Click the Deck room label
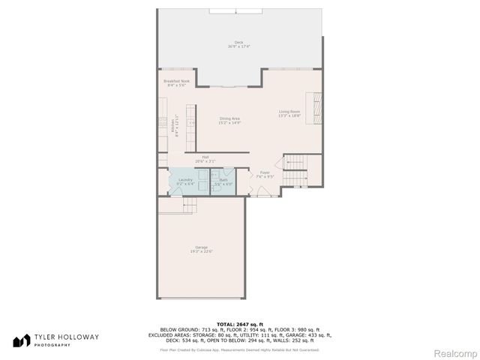(x=238, y=43)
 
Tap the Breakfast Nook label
(x=177, y=81)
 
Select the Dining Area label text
(x=229, y=118)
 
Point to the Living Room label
(x=289, y=112)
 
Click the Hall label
(x=205, y=157)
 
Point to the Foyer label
(x=265, y=172)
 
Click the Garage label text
(x=201, y=247)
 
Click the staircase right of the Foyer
(x=297, y=169)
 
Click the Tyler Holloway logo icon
(x=22, y=340)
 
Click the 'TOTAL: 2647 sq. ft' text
(x=239, y=323)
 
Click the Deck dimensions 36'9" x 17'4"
(x=238, y=47)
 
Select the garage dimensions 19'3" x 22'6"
(x=201, y=252)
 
